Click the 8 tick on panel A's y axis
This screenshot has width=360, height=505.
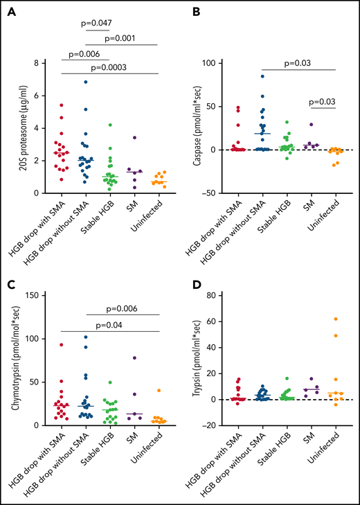tap(37, 62)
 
